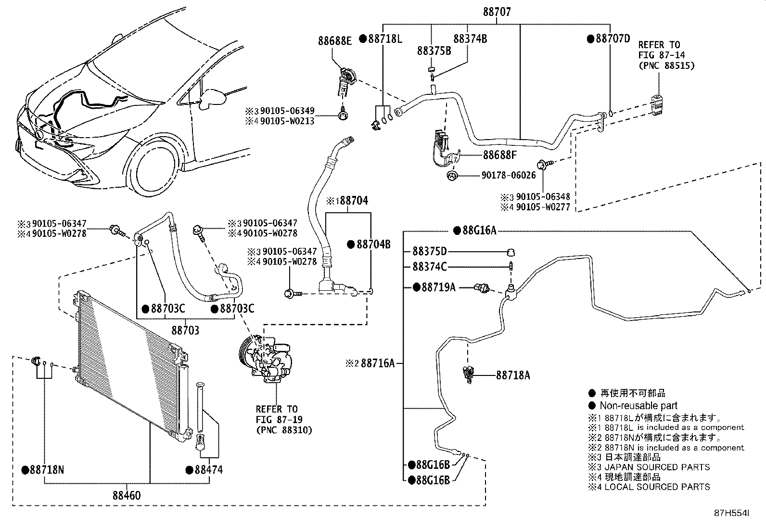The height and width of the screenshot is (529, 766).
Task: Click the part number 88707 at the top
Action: (x=497, y=12)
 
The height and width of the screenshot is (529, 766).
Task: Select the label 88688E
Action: (x=334, y=41)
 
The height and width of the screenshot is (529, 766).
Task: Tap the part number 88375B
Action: (x=434, y=51)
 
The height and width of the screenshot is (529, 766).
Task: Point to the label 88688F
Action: (x=499, y=155)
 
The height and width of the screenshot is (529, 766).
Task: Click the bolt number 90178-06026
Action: (x=509, y=175)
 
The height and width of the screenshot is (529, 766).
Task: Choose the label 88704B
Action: (x=373, y=245)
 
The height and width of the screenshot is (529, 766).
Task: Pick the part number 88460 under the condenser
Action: (x=127, y=495)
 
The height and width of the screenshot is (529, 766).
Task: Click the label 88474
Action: (x=209, y=470)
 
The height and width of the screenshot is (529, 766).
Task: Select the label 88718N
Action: (x=47, y=470)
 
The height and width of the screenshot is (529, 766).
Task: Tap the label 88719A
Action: (x=439, y=287)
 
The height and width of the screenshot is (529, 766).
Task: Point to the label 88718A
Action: (x=513, y=375)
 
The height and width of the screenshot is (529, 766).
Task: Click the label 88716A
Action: (x=378, y=363)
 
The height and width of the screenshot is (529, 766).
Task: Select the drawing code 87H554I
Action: (x=731, y=513)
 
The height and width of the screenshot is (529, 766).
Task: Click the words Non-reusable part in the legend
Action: (x=638, y=405)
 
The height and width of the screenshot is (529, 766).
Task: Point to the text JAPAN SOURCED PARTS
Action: (x=657, y=467)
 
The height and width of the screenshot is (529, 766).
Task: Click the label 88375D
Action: (x=430, y=251)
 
